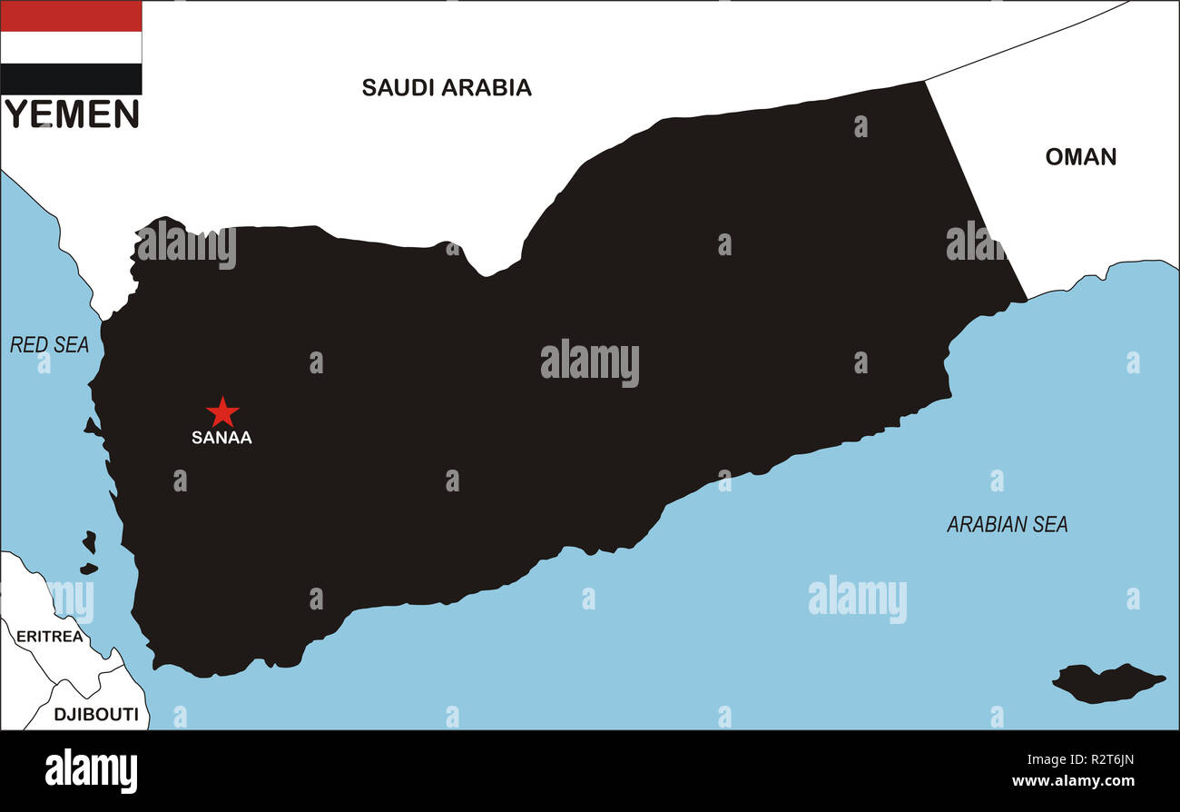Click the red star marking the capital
click(x=221, y=411)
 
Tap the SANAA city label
click(x=221, y=438)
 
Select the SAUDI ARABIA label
click(x=447, y=87)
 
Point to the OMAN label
click(x=1080, y=157)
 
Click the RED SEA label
click(x=49, y=345)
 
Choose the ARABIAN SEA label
click(x=1007, y=524)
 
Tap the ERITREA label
click(x=49, y=637)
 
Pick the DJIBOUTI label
click(x=96, y=715)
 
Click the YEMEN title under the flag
click(x=72, y=114)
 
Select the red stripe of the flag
click(x=71, y=16)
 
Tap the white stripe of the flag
click(x=71, y=47)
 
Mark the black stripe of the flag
click(x=71, y=79)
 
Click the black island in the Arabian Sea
click(x=1106, y=682)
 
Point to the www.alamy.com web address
click(x=1072, y=781)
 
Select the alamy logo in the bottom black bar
click(x=91, y=771)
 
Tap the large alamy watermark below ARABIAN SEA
click(x=857, y=598)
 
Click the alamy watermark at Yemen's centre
click(x=590, y=362)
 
